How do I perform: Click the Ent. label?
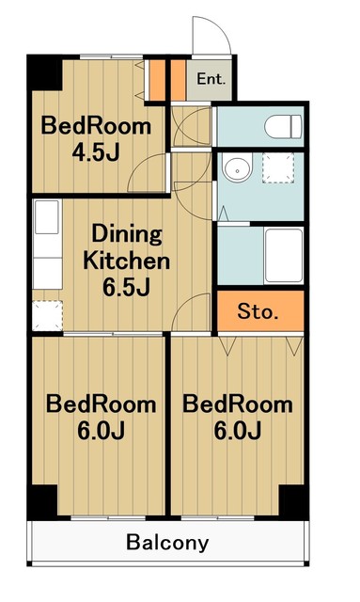click(211, 79)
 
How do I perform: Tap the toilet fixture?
click(283, 126)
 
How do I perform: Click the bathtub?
click(284, 256)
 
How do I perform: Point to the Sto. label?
click(258, 311)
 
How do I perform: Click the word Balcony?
click(167, 542)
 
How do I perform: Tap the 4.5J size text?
click(96, 152)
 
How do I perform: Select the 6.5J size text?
click(126, 287)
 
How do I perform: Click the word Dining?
click(127, 234)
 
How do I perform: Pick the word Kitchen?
click(126, 261)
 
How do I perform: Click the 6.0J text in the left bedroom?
click(101, 431)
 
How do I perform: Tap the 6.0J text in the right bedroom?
click(238, 431)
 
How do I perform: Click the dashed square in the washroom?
click(278, 167)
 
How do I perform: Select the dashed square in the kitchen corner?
click(47, 316)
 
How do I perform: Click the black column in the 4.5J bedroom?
click(44, 73)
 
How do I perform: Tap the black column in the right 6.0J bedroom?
click(293, 501)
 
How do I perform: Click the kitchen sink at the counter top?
click(47, 216)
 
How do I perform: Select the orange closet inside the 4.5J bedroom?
click(156, 80)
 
